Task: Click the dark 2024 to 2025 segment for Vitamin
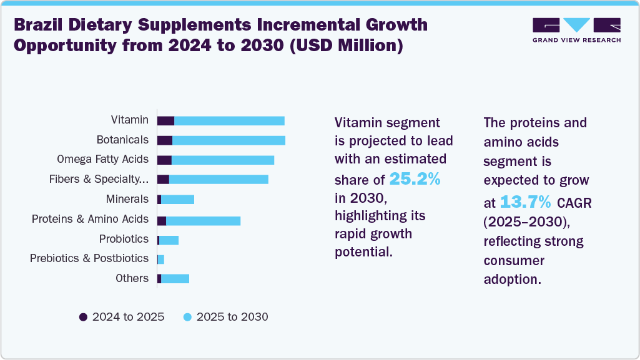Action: [165, 120]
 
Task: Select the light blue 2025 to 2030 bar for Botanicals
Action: [229, 140]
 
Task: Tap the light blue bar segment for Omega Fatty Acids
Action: [223, 160]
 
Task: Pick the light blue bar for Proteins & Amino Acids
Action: [203, 220]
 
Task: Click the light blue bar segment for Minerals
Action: [177, 200]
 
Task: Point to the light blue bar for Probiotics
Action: [169, 240]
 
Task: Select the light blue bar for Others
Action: [175, 279]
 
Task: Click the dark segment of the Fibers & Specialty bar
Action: [163, 180]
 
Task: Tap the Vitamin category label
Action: [129, 120]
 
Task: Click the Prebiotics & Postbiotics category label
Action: [89, 258]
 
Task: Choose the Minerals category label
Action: [127, 199]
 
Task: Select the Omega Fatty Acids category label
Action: [102, 159]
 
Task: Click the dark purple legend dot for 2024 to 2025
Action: [83, 317]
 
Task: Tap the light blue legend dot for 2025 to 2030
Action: [187, 317]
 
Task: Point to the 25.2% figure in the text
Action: [415, 180]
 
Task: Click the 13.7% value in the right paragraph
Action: [525, 202]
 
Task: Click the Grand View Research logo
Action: [576, 29]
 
